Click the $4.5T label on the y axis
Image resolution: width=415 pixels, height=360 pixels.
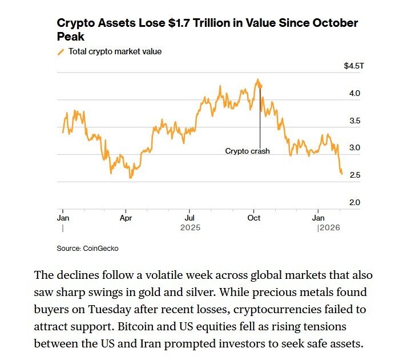tap(353, 66)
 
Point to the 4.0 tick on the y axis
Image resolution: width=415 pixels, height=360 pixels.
tap(354, 94)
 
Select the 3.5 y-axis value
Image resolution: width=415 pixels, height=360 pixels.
tap(354, 121)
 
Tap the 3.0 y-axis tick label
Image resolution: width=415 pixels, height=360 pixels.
tap(354, 148)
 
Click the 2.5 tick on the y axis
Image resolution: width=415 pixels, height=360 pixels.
tap(354, 175)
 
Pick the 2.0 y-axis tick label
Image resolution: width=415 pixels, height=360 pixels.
tap(354, 203)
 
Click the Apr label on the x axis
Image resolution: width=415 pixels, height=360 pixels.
tap(126, 218)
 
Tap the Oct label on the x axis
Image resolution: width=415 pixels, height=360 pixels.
tap(254, 218)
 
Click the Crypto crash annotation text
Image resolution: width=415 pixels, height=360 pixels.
tap(247, 151)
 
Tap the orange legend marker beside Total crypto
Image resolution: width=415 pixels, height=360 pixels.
tap(61, 52)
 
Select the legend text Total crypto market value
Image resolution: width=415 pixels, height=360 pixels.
tap(115, 51)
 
